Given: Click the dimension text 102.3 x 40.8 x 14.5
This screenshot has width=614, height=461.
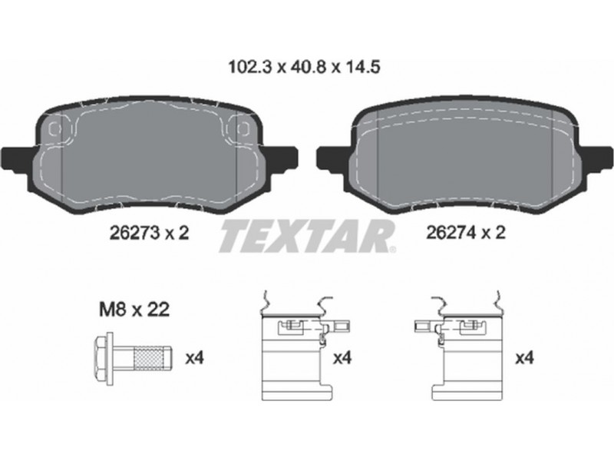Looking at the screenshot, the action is pyautogui.click(x=304, y=67).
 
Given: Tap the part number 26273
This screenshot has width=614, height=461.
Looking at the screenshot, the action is pyautogui.click(x=135, y=234).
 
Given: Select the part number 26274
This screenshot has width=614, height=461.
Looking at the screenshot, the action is pyautogui.click(x=451, y=233).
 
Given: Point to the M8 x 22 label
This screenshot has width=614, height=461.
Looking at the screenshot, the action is pyautogui.click(x=134, y=310).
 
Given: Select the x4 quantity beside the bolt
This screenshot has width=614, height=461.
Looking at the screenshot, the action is pyautogui.click(x=195, y=358).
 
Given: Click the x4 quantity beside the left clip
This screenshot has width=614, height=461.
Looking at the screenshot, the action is pyautogui.click(x=342, y=358).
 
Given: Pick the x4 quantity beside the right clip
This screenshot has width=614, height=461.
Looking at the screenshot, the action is pyautogui.click(x=525, y=358).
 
